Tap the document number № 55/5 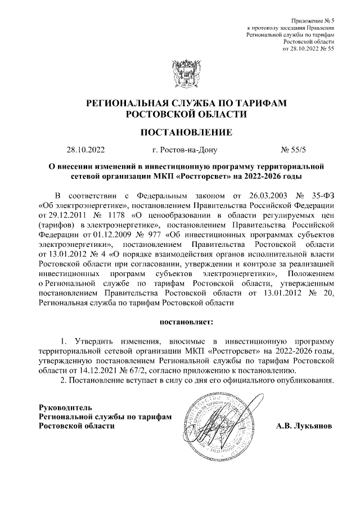click(x=294, y=151)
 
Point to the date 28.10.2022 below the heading click(x=85, y=151)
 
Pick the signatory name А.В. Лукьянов click(x=304, y=426)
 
